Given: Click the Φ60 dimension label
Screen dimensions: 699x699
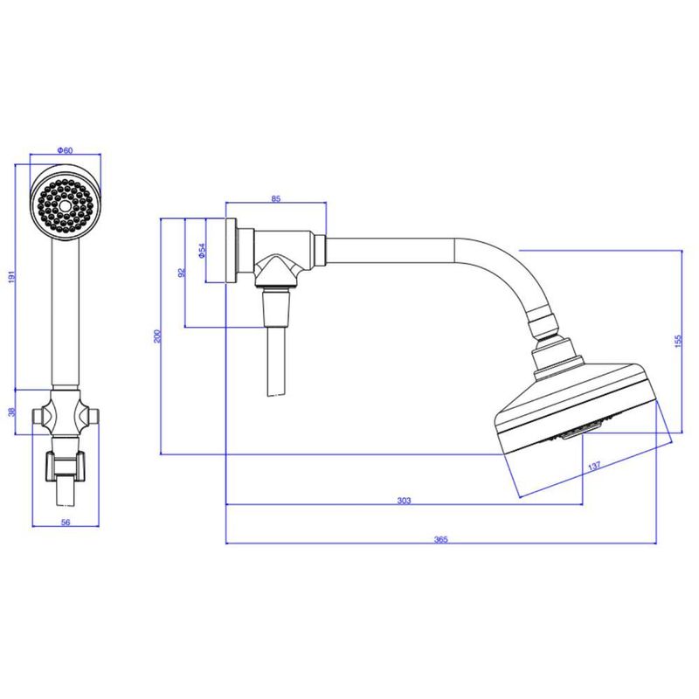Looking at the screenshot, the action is click(65, 150).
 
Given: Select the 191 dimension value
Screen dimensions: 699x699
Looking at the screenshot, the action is click(12, 276).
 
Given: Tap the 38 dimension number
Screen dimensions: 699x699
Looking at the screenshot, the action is click(12, 412).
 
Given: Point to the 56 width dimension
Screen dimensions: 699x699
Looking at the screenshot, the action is click(66, 522).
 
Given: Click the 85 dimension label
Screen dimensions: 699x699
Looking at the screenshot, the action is click(276, 199).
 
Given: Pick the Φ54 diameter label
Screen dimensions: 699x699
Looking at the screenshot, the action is click(202, 251).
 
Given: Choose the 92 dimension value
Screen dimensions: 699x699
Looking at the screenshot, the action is click(182, 272).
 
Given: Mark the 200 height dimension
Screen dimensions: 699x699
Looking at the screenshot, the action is click(157, 336).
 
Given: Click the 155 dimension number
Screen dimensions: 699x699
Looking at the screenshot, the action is click(678, 341).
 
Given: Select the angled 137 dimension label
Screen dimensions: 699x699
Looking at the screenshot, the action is click(594, 466).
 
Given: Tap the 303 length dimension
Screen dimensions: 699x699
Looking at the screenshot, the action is click(404, 501).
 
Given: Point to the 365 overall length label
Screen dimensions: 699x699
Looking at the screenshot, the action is click(441, 539).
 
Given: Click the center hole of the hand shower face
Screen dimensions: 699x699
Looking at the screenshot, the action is click(66, 205).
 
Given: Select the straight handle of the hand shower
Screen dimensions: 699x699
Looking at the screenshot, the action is click(66, 313).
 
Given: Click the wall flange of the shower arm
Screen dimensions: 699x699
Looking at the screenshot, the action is click(231, 252).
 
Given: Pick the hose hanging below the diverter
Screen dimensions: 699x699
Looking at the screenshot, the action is click(276, 362).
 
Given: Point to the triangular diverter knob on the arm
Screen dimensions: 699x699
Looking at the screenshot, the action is click(276, 271).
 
